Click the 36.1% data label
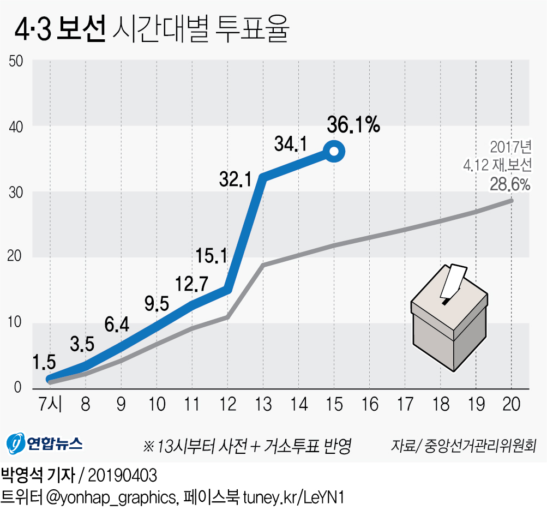[x=353, y=125]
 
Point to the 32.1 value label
[x=236, y=178]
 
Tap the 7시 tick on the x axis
[x=50, y=405]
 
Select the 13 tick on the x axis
[x=263, y=405]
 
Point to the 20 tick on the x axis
[x=511, y=405]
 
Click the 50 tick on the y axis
[x=15, y=61]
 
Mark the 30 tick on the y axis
[x=15, y=192]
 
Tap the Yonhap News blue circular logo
[x=16, y=443]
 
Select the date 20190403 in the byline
[x=123, y=476]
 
